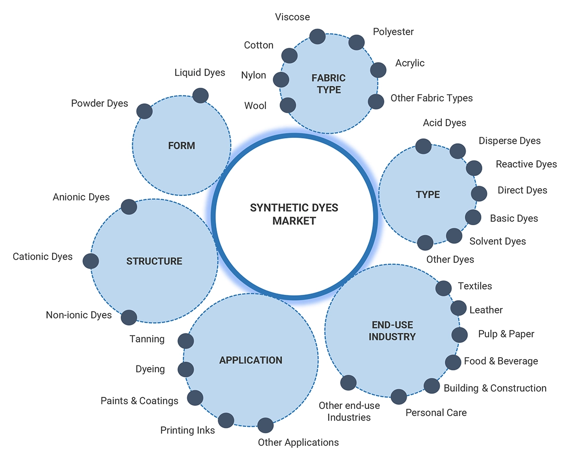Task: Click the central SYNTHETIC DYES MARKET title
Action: pyautogui.click(x=294, y=214)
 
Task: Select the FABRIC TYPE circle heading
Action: pyautogui.click(x=328, y=83)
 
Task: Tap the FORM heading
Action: pyautogui.click(x=181, y=145)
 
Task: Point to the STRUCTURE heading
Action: pyautogui.click(x=154, y=261)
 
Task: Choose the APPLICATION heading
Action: pyautogui.click(x=250, y=360)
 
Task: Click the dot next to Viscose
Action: pyautogui.click(x=318, y=36)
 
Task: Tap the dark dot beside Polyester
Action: pyautogui.click(x=357, y=42)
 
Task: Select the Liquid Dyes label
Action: pyautogui.click(x=200, y=73)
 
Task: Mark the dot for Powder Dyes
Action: pyautogui.click(x=144, y=111)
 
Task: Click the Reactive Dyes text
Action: pyautogui.click(x=526, y=164)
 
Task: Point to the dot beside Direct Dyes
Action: pyautogui.click(x=479, y=193)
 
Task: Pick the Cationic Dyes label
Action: pyautogui.click(x=42, y=256)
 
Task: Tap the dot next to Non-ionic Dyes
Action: pyautogui.click(x=129, y=318)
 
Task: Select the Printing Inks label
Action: pyautogui.click(x=188, y=430)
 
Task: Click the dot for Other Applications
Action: pyautogui.click(x=266, y=425)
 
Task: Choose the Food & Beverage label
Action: pyautogui.click(x=501, y=361)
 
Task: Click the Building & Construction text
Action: pyautogui.click(x=495, y=388)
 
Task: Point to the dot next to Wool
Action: pyautogui.click(x=288, y=105)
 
